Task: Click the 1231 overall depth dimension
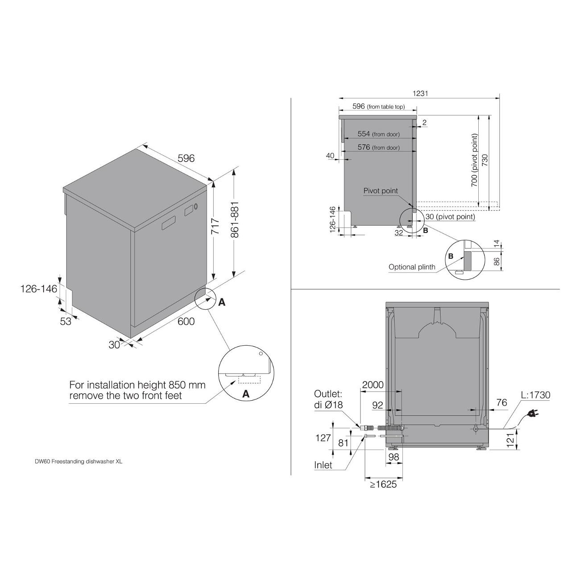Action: coord(420,93)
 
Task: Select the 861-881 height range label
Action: coord(235,220)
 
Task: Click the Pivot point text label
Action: coord(381,191)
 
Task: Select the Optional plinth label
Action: coord(412,267)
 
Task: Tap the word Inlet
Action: coord(323,465)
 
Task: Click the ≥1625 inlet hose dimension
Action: coord(383,484)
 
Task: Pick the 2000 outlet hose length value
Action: coord(373,385)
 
